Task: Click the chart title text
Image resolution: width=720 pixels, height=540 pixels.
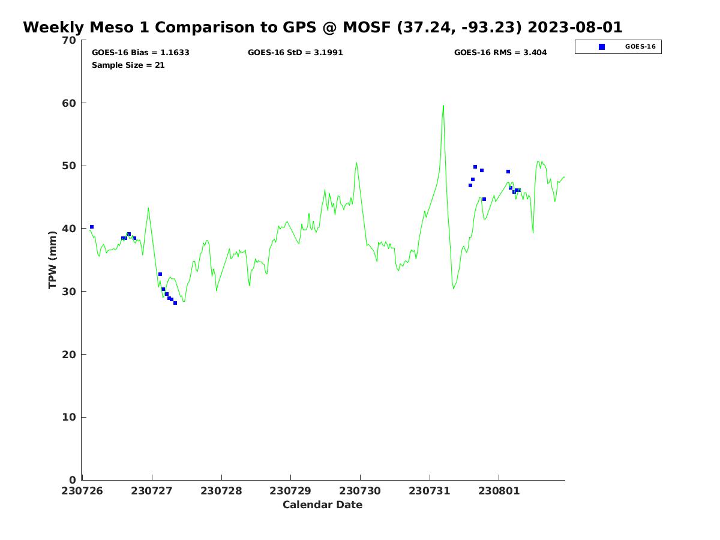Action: click(x=323, y=28)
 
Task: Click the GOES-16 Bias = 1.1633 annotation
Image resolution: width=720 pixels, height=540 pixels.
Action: click(x=140, y=53)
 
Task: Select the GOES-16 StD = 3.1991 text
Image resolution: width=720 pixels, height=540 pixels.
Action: click(x=295, y=53)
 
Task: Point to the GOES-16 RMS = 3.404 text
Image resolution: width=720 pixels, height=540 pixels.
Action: click(x=500, y=53)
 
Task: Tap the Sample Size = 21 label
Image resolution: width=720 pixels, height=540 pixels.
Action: click(x=128, y=65)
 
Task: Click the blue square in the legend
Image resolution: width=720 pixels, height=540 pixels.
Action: click(x=602, y=47)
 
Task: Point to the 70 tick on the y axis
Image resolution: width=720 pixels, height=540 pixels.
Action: click(x=70, y=40)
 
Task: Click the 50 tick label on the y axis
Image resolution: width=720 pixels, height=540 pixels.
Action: click(x=70, y=166)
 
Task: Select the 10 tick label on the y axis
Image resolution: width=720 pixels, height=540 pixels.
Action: click(x=70, y=418)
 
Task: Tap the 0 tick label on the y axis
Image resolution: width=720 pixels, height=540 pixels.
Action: click(x=73, y=480)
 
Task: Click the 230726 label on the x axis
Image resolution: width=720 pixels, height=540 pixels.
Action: click(x=83, y=491)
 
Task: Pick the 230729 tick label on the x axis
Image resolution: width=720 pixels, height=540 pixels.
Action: click(x=290, y=491)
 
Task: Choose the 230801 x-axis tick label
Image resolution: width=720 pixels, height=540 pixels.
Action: click(x=499, y=491)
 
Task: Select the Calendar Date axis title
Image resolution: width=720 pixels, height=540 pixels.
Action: click(x=323, y=505)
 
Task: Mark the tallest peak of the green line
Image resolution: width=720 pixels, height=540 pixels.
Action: click(x=443, y=106)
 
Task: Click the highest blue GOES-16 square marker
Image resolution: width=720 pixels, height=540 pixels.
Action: click(x=475, y=167)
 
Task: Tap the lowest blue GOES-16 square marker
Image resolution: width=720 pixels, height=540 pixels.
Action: click(x=175, y=303)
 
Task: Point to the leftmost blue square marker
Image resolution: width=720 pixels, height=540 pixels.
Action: click(x=92, y=227)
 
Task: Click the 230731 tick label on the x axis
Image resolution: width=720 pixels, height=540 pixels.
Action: click(x=430, y=491)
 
